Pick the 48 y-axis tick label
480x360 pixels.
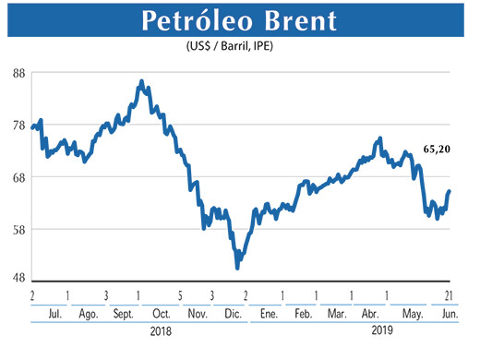tap(17, 280)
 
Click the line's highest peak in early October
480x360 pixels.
tap(141, 82)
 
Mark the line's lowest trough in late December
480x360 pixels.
tap(238, 267)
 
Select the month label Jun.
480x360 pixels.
tap(446, 315)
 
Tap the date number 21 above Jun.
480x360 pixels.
tap(447, 295)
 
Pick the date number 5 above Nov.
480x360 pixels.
tap(180, 295)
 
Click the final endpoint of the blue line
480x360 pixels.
tap(450, 191)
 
